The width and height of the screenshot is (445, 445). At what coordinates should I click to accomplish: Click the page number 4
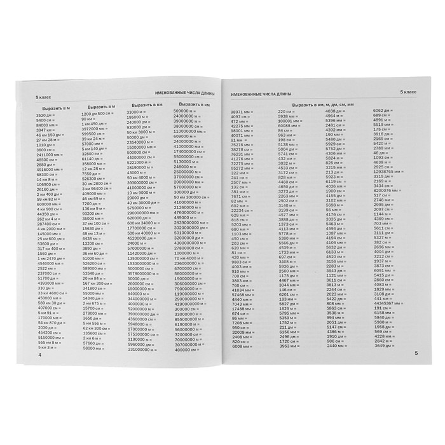point(39,355)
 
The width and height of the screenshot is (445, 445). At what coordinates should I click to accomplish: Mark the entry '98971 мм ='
point(242,111)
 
